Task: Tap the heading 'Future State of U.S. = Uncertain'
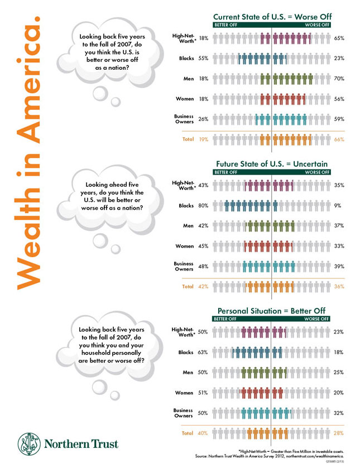pos(272,164)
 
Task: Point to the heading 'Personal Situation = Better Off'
pos(272,311)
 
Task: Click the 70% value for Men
pos(338,79)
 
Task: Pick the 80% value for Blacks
pos(203,206)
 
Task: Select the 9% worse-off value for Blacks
pos(337,206)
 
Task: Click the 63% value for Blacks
pos(203,353)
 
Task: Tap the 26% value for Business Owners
pos(203,119)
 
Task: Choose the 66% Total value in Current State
pos(339,139)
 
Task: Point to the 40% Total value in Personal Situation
pos(203,433)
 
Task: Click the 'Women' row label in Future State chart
pos(185,246)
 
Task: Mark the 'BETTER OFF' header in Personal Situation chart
pos(226,319)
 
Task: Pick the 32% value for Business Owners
pos(338,413)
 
